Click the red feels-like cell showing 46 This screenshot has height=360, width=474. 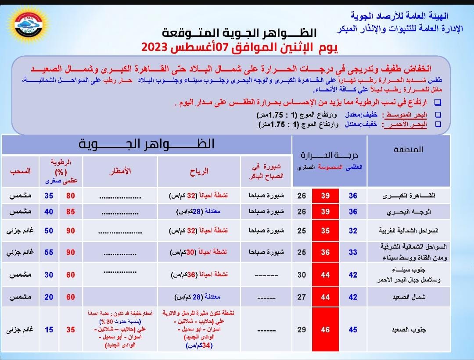pos(325,330)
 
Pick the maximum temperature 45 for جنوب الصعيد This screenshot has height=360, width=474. pos(353,330)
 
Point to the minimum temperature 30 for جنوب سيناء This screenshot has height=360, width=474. pos(302,275)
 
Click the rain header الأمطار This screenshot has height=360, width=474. pos(120,171)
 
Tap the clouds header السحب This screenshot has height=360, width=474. pos(20,171)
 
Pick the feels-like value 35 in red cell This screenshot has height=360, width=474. pos(325,231)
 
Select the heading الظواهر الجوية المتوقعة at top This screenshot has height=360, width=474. pos(239,33)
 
